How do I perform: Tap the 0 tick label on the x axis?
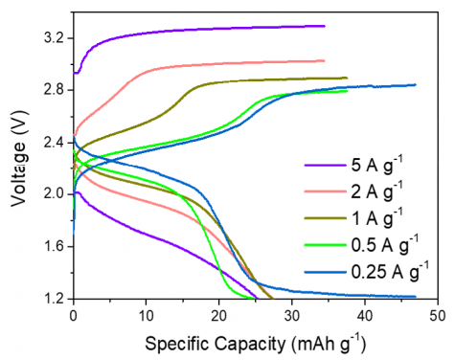coord(74,315)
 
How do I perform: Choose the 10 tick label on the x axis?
coord(147,315)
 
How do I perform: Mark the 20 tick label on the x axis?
coord(219,315)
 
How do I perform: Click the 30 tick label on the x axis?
coord(292,315)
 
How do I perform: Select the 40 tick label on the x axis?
coord(365,315)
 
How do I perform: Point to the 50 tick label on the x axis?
coord(438,315)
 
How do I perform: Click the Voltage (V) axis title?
coord(18,168)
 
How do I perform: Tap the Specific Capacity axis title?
coord(255,343)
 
